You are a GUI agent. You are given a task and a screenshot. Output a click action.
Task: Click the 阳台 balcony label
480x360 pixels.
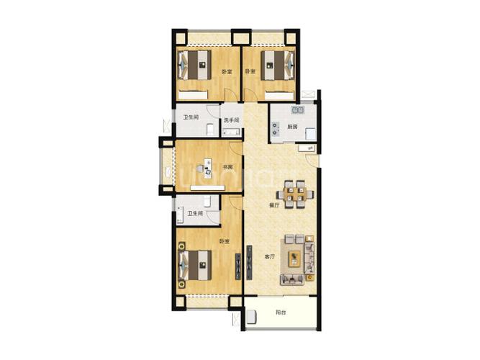pyautogui.click(x=281, y=312)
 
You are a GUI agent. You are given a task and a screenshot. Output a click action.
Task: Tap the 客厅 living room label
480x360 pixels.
pyautogui.click(x=270, y=257)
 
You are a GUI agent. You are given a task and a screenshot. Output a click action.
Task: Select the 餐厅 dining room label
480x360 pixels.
pyautogui.click(x=274, y=206)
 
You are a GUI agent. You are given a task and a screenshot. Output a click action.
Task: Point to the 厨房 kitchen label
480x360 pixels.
pyautogui.click(x=292, y=127)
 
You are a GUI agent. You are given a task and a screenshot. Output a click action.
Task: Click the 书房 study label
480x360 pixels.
pyautogui.click(x=227, y=167)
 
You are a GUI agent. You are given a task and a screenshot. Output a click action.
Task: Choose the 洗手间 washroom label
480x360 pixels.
pyautogui.click(x=231, y=120)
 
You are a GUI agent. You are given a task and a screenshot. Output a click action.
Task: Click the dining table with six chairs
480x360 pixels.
pyautogui.click(x=295, y=194)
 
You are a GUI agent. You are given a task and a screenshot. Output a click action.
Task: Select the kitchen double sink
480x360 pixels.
pyautogui.click(x=297, y=109)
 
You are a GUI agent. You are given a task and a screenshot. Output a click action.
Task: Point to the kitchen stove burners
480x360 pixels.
pyautogui.click(x=276, y=129)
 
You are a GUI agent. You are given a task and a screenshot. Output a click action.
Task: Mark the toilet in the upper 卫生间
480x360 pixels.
pyautogui.click(x=210, y=130)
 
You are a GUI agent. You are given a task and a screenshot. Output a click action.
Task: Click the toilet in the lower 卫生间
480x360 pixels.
pyautogui.click(x=207, y=202)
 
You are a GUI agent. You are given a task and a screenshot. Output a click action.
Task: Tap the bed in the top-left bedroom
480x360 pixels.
pyautogui.click(x=195, y=65)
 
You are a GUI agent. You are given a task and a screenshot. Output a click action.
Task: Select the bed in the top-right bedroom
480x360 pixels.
pyautogui.click(x=278, y=66)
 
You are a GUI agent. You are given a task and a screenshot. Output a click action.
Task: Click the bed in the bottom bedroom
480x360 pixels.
pyautogui.click(x=195, y=266)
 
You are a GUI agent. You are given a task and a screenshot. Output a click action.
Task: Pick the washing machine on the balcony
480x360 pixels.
pyautogui.click(x=252, y=317)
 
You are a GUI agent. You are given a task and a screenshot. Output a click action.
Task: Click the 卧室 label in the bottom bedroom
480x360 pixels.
pyautogui.click(x=225, y=242)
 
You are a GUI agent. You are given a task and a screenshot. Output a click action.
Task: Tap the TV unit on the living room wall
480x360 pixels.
pyautogui.click(x=250, y=262)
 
